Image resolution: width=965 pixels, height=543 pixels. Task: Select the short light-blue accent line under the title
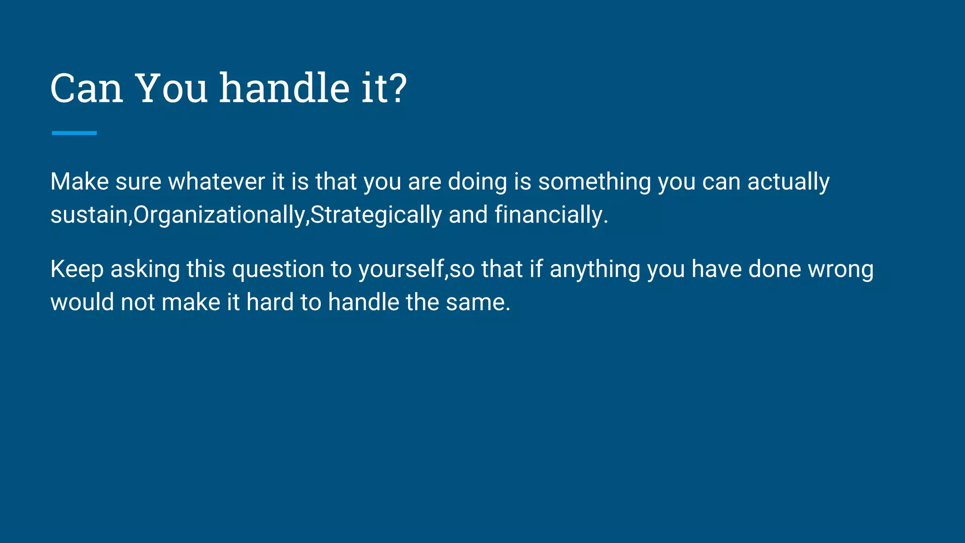coord(74,133)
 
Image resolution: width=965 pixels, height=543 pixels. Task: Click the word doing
coord(477,182)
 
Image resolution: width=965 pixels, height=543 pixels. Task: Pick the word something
coord(594,182)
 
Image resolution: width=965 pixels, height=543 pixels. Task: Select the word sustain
coord(89,215)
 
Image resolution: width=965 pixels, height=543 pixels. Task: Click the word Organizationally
coord(220,215)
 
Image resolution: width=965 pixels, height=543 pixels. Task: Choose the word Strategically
coord(376,215)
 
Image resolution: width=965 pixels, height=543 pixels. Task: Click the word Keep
coord(77,270)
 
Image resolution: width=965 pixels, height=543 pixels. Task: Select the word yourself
coord(401,270)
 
